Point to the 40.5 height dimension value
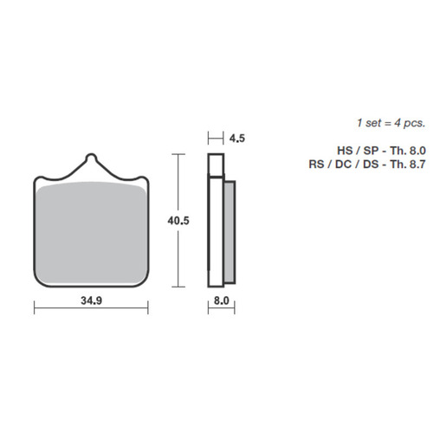179,221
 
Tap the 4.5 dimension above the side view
238,136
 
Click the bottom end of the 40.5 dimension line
178,287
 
